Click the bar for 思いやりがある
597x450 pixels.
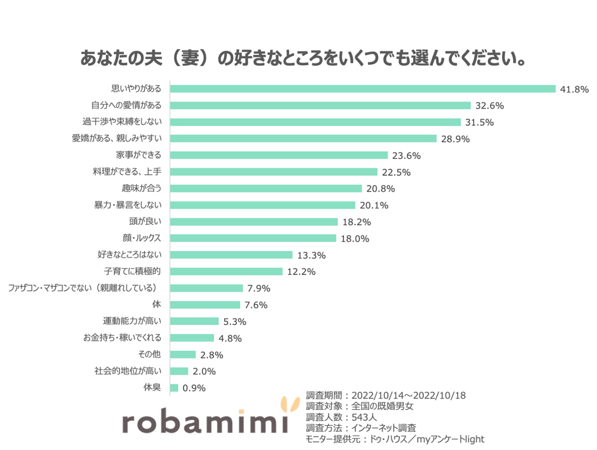pyautogui.click(x=363, y=89)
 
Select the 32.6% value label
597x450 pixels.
pyautogui.click(x=489, y=106)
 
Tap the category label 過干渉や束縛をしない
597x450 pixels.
pyautogui.click(x=122, y=122)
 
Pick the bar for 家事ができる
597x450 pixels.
pyautogui.click(x=279, y=155)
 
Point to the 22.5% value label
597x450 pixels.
pyautogui.click(x=396, y=172)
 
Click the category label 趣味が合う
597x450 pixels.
pyautogui.click(x=142, y=188)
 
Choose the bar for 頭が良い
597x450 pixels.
pyautogui.click(x=254, y=222)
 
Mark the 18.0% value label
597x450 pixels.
pyautogui.click(x=355, y=239)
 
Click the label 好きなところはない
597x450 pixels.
pyautogui.click(x=129, y=254)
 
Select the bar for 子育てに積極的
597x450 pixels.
pyautogui.click(x=226, y=272)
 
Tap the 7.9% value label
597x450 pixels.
pyautogui.click(x=259, y=288)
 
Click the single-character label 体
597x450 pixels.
pyautogui.click(x=156, y=304)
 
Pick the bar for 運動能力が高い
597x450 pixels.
pyautogui.click(x=194, y=321)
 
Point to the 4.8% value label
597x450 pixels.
pyautogui.click(x=230, y=338)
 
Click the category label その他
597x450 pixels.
pyautogui.click(x=149, y=354)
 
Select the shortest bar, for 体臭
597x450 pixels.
pyautogui.click(x=174, y=388)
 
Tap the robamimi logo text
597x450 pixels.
pyautogui.click(x=205, y=421)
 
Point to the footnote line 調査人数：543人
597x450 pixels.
pyautogui.click(x=341, y=417)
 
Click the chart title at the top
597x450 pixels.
pyautogui.click(x=302, y=58)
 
